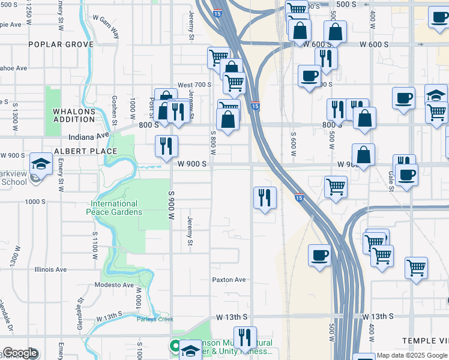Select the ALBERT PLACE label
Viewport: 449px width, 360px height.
(85, 151)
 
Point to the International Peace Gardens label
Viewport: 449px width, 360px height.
(116, 208)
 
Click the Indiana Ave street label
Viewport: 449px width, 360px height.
(88, 136)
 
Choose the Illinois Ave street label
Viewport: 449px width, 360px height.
(50, 269)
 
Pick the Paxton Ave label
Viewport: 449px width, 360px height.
(229, 280)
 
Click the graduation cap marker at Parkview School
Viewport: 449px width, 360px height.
(41, 163)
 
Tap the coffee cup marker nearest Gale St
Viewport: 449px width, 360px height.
(407, 175)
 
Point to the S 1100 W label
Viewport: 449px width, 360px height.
(95, 245)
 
